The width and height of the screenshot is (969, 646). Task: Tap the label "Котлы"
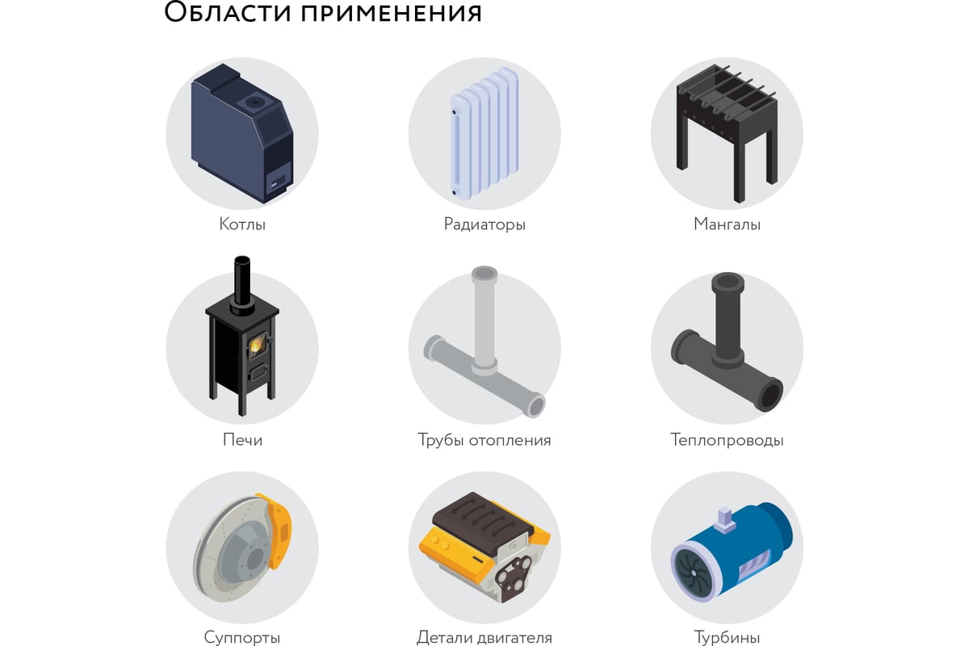click(x=242, y=224)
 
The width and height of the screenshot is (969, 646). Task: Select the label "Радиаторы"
click(x=484, y=224)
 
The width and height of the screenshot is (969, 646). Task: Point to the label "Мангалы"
click(x=727, y=224)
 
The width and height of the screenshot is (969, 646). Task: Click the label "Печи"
click(x=242, y=441)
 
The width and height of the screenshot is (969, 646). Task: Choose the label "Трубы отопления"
click(x=484, y=441)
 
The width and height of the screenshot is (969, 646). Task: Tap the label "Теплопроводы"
click(x=727, y=441)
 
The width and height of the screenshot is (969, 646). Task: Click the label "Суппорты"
click(x=242, y=638)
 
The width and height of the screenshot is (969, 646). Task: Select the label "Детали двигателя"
click(x=484, y=638)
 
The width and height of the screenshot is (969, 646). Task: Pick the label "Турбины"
click(x=727, y=638)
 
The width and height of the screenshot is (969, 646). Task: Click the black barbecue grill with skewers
click(x=726, y=121)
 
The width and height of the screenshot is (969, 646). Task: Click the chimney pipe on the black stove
click(x=241, y=283)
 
